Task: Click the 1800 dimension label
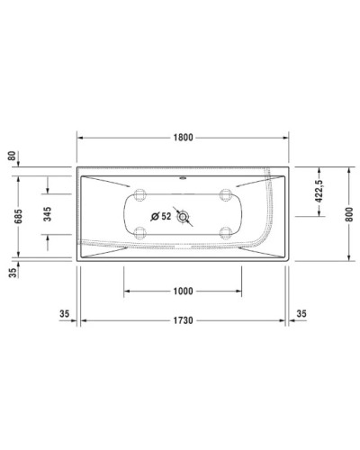[x=183, y=139]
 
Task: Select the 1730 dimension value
[x=183, y=321]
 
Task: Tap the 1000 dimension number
[x=183, y=290]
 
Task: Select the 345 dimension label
[x=47, y=214]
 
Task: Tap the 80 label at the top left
[x=13, y=155]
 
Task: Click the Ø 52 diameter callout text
[x=161, y=216]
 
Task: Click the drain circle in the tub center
[x=184, y=216]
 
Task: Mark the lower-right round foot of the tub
[x=225, y=232]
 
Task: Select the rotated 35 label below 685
[x=13, y=275]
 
